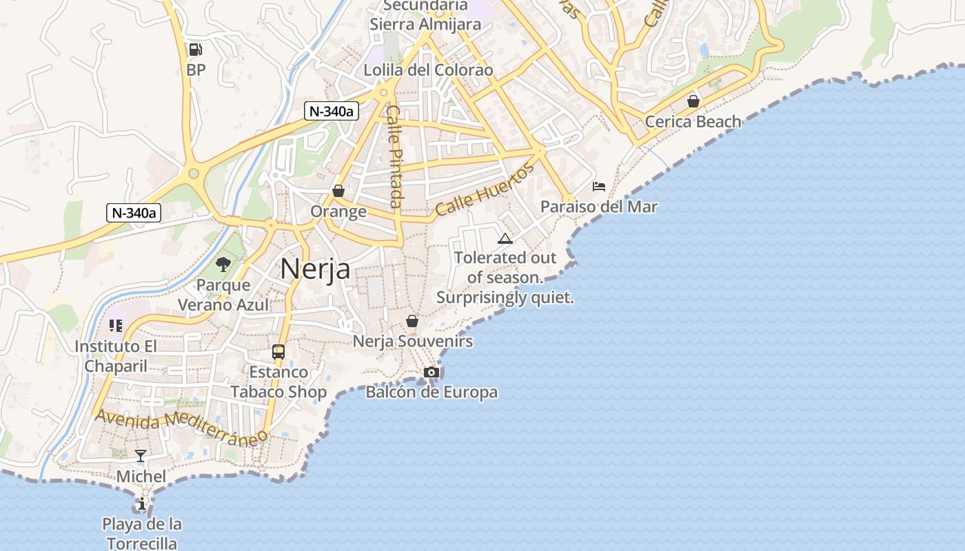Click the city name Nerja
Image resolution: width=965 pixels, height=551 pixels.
tap(315, 269)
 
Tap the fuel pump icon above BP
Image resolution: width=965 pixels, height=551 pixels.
tap(195, 50)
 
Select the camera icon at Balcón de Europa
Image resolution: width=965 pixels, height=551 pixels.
tap(431, 372)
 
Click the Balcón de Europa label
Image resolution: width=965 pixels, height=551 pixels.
tap(431, 393)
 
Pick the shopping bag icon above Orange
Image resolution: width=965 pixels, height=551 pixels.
tap(338, 191)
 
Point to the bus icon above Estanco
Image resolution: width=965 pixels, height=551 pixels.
tap(278, 352)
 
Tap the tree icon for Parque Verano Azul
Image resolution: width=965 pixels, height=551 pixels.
tap(223, 264)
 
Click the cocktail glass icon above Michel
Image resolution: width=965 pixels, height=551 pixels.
tap(141, 455)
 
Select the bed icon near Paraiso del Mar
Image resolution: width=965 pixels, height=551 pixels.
tap(599, 187)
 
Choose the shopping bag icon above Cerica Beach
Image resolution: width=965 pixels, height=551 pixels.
tap(693, 101)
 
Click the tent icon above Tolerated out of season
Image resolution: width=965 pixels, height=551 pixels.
tap(505, 239)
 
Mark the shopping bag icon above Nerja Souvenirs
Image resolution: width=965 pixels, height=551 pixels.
tap(412, 321)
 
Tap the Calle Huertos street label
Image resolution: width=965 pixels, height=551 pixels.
tap(485, 191)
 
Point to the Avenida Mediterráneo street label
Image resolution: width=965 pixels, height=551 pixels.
tap(181, 427)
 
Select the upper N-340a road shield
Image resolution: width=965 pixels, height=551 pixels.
tap(332, 111)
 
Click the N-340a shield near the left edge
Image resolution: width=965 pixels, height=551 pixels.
tap(134, 213)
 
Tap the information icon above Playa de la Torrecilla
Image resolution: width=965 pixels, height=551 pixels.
tap(142, 504)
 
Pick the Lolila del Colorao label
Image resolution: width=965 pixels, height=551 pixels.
tap(428, 70)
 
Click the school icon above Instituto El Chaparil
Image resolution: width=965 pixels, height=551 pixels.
tap(116, 326)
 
